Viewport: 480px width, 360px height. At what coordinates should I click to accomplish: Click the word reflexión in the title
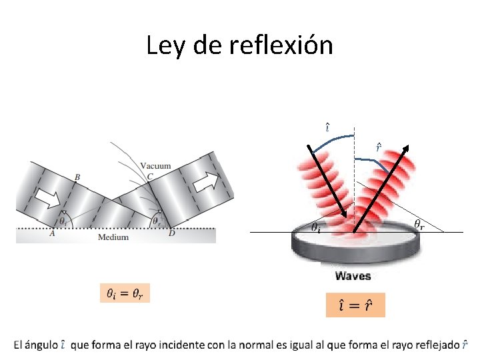point(281,45)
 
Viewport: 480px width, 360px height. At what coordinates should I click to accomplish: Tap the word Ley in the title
point(165,46)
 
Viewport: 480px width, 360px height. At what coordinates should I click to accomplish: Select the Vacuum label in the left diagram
point(155,166)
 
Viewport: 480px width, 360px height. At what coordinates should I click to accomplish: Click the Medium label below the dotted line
point(113,237)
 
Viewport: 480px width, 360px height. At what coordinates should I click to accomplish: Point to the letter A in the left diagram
point(53,233)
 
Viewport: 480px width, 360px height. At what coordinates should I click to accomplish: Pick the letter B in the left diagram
point(77,177)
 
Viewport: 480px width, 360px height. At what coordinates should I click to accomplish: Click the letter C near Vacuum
point(150,177)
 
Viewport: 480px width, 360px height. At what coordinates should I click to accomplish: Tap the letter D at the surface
point(172,233)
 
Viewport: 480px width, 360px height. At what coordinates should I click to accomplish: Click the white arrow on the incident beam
point(49,199)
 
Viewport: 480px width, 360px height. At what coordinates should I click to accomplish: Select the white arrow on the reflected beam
point(207,182)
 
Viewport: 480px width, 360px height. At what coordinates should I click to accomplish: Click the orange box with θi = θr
point(125,293)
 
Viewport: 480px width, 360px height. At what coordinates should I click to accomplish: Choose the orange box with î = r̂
point(355,305)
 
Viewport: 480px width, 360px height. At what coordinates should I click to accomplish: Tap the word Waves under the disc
point(353,276)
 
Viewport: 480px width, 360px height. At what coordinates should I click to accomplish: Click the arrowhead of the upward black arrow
point(405,149)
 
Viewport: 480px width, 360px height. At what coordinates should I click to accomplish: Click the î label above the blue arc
point(327,127)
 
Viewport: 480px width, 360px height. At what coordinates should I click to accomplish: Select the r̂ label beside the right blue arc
point(379,147)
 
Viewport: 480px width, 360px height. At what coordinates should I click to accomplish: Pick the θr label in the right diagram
point(419,225)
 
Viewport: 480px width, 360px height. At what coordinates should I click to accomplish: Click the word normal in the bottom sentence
point(255,345)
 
